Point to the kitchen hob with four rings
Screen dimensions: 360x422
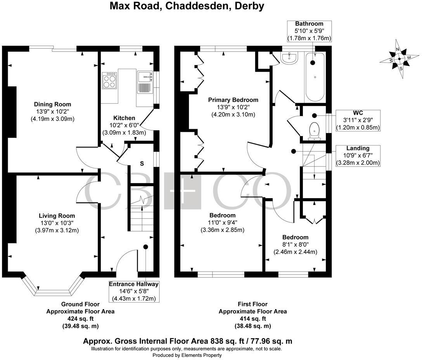[x=110, y=80]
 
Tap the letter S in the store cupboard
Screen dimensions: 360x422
[x=142, y=164]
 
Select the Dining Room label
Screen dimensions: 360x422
[x=52, y=104]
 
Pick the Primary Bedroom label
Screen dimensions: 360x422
[x=233, y=100]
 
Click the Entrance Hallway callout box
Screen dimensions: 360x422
[x=133, y=291]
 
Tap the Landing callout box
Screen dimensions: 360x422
[x=358, y=156]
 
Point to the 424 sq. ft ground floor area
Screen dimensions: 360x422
[x=80, y=318]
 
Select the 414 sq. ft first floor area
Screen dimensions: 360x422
[x=253, y=318]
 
